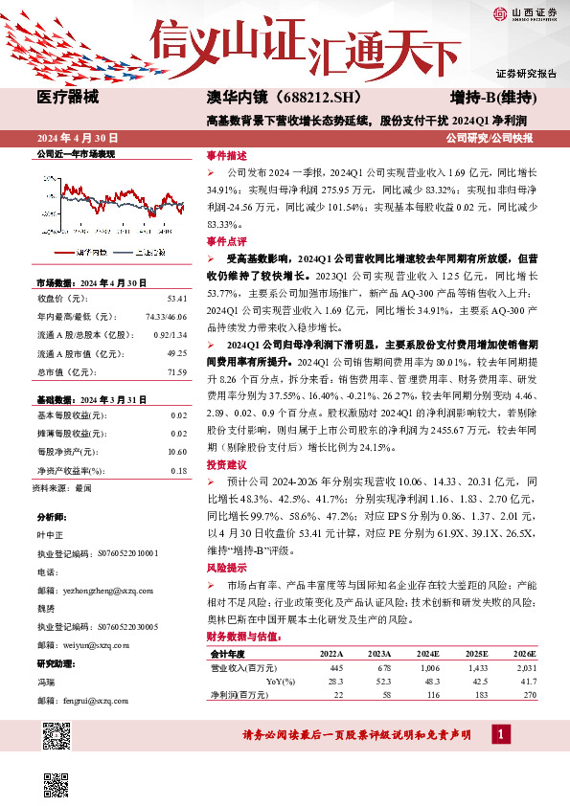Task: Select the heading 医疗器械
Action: [x=69, y=98]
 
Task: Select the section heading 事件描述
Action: [x=226, y=154]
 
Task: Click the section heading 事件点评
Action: [x=226, y=241]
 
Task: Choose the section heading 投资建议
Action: [x=226, y=463]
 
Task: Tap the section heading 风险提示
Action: [x=226, y=568]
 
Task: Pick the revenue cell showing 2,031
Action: [x=525, y=667]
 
